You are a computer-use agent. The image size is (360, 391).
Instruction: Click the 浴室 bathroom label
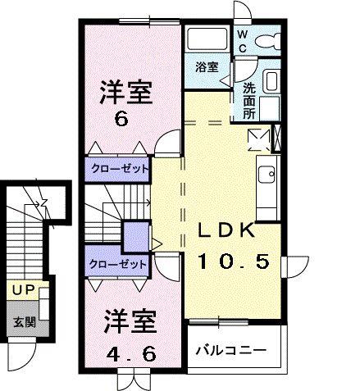tap(207, 67)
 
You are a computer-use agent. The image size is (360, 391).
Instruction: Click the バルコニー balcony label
tap(231, 350)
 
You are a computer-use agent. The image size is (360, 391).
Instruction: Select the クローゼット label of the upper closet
tap(120, 169)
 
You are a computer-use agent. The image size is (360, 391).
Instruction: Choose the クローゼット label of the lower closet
tap(120, 264)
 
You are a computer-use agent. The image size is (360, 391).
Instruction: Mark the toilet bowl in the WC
tap(269, 39)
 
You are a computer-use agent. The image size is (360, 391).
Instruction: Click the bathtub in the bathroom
tap(207, 39)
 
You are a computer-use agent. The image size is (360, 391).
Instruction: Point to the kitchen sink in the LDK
tap(267, 174)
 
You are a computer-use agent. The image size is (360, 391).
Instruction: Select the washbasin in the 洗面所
tap(271, 83)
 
